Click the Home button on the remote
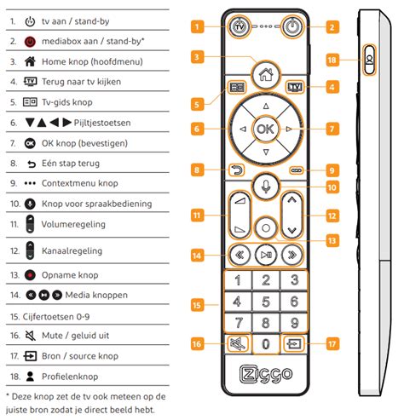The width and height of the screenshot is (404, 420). click(265, 73)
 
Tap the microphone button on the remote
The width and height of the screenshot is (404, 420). click(266, 186)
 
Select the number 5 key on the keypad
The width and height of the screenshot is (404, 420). click(266, 302)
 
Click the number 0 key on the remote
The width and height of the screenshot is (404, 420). click(266, 345)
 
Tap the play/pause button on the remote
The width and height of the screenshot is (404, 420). click(266, 253)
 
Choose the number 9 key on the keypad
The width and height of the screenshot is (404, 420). click(294, 323)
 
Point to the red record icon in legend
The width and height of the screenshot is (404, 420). click(32, 274)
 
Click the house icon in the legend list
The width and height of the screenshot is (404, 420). click(32, 61)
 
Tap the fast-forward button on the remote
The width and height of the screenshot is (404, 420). click(294, 253)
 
